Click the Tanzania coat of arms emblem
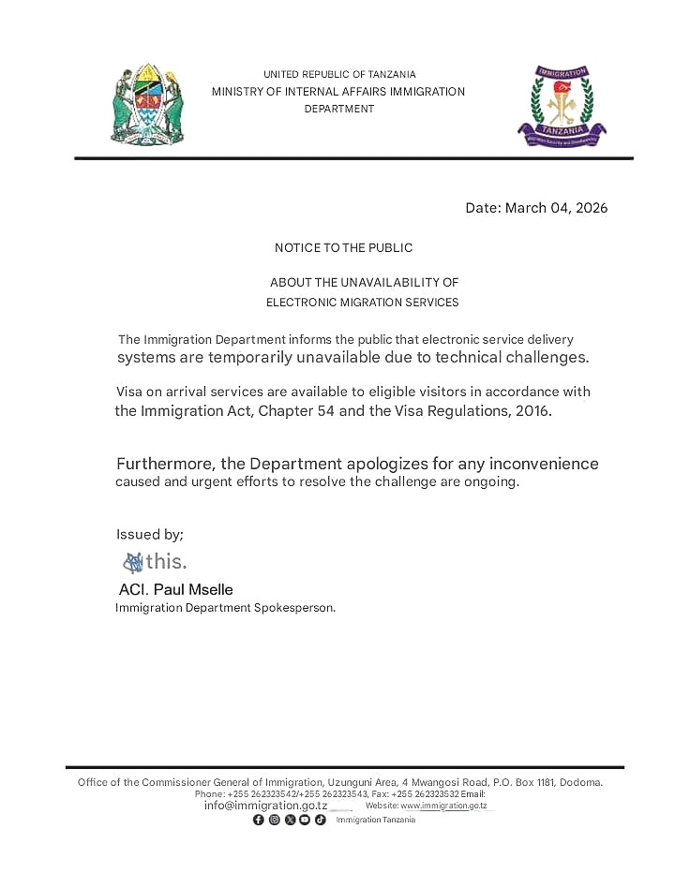(x=148, y=104)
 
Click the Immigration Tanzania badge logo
(x=562, y=106)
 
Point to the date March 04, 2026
(x=536, y=208)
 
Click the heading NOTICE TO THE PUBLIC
(x=343, y=248)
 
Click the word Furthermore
(x=166, y=464)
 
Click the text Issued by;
(x=150, y=534)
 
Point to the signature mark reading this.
(x=156, y=562)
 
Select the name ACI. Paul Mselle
(x=175, y=589)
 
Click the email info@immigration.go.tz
(x=265, y=806)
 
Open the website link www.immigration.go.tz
(x=443, y=806)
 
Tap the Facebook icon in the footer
(x=259, y=820)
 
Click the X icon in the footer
(x=290, y=820)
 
